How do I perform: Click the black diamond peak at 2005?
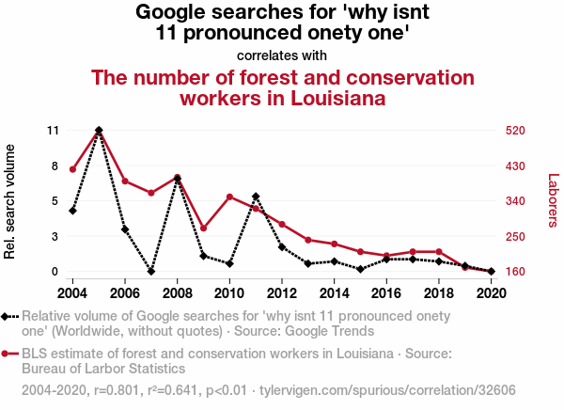click(x=99, y=130)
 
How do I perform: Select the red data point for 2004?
click(x=72, y=169)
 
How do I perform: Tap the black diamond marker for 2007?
click(x=151, y=272)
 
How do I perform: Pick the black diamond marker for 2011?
click(x=256, y=197)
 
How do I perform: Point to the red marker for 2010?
click(x=229, y=197)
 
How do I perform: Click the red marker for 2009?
click(x=204, y=229)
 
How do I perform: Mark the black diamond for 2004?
click(x=72, y=211)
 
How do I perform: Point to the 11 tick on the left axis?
click(x=53, y=130)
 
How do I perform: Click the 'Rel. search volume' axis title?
click(x=12, y=201)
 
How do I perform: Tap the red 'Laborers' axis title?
click(x=553, y=200)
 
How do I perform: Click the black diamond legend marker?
click(x=8, y=316)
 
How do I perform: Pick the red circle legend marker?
click(x=8, y=354)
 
